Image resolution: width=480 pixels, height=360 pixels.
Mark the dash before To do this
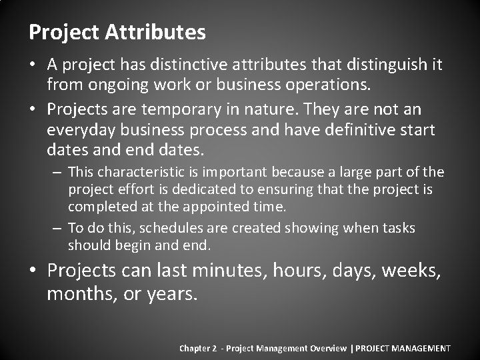[x=57, y=228]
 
